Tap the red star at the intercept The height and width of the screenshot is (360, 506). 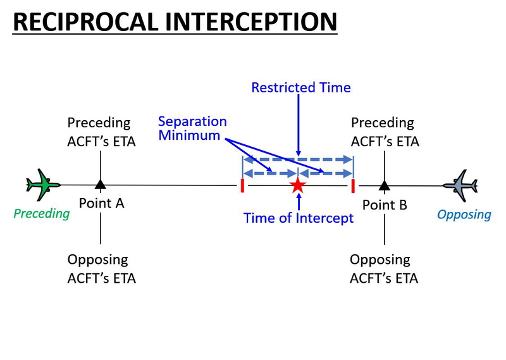click(x=297, y=185)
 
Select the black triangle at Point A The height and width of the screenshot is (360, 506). click(x=100, y=185)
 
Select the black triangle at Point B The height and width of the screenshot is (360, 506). click(x=384, y=185)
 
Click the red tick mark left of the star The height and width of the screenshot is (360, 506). click(x=242, y=185)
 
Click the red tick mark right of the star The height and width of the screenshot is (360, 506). click(x=352, y=185)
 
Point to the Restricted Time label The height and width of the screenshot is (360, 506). click(x=300, y=87)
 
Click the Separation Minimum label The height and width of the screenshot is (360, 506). click(x=192, y=128)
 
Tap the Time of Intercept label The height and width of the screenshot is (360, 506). click(x=299, y=218)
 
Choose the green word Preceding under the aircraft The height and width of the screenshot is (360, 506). click(x=42, y=213)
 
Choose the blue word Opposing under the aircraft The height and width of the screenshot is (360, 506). click(x=464, y=214)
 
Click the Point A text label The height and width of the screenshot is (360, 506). click(x=101, y=203)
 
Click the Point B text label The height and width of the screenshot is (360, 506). click(x=385, y=204)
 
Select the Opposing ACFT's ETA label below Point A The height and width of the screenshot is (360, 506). click(x=101, y=268)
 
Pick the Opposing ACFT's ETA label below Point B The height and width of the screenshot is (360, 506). click(x=384, y=268)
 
